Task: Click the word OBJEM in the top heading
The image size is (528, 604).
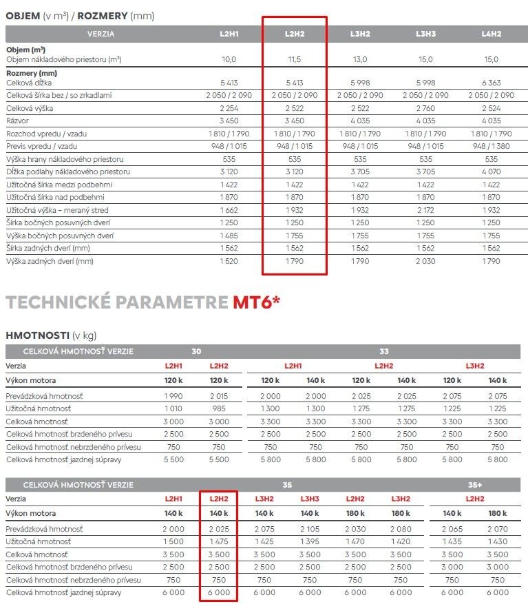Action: [23, 16]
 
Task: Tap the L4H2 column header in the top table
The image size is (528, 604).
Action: [492, 34]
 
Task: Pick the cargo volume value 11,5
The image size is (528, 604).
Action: [294, 59]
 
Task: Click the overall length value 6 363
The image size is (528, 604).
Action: [492, 82]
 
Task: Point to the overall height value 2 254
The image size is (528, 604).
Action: [229, 108]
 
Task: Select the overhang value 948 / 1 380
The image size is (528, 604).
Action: [492, 146]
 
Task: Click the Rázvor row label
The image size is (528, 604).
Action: [19, 121]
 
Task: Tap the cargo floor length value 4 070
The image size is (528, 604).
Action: [492, 171]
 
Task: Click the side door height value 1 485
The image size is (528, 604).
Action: [229, 236]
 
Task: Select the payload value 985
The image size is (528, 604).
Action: [218, 409]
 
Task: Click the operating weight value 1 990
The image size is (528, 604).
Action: [173, 396]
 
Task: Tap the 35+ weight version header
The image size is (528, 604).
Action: [474, 485]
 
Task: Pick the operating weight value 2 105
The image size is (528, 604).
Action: [310, 529]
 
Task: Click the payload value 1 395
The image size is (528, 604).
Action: [310, 542]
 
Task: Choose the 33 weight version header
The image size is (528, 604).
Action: [383, 352]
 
